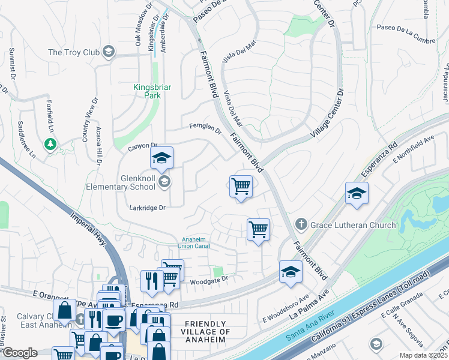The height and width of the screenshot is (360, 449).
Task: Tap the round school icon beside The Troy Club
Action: click(109, 52)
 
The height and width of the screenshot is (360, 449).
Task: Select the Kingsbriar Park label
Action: click(152, 91)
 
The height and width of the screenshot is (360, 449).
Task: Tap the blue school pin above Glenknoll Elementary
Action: click(161, 158)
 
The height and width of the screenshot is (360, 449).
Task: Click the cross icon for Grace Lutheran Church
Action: click(302, 225)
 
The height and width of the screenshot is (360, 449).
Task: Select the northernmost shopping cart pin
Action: click(241, 186)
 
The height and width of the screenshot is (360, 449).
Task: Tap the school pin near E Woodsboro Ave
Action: click(291, 272)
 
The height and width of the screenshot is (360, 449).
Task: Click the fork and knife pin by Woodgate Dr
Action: click(152, 281)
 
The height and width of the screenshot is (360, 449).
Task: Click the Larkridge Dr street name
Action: click(147, 208)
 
